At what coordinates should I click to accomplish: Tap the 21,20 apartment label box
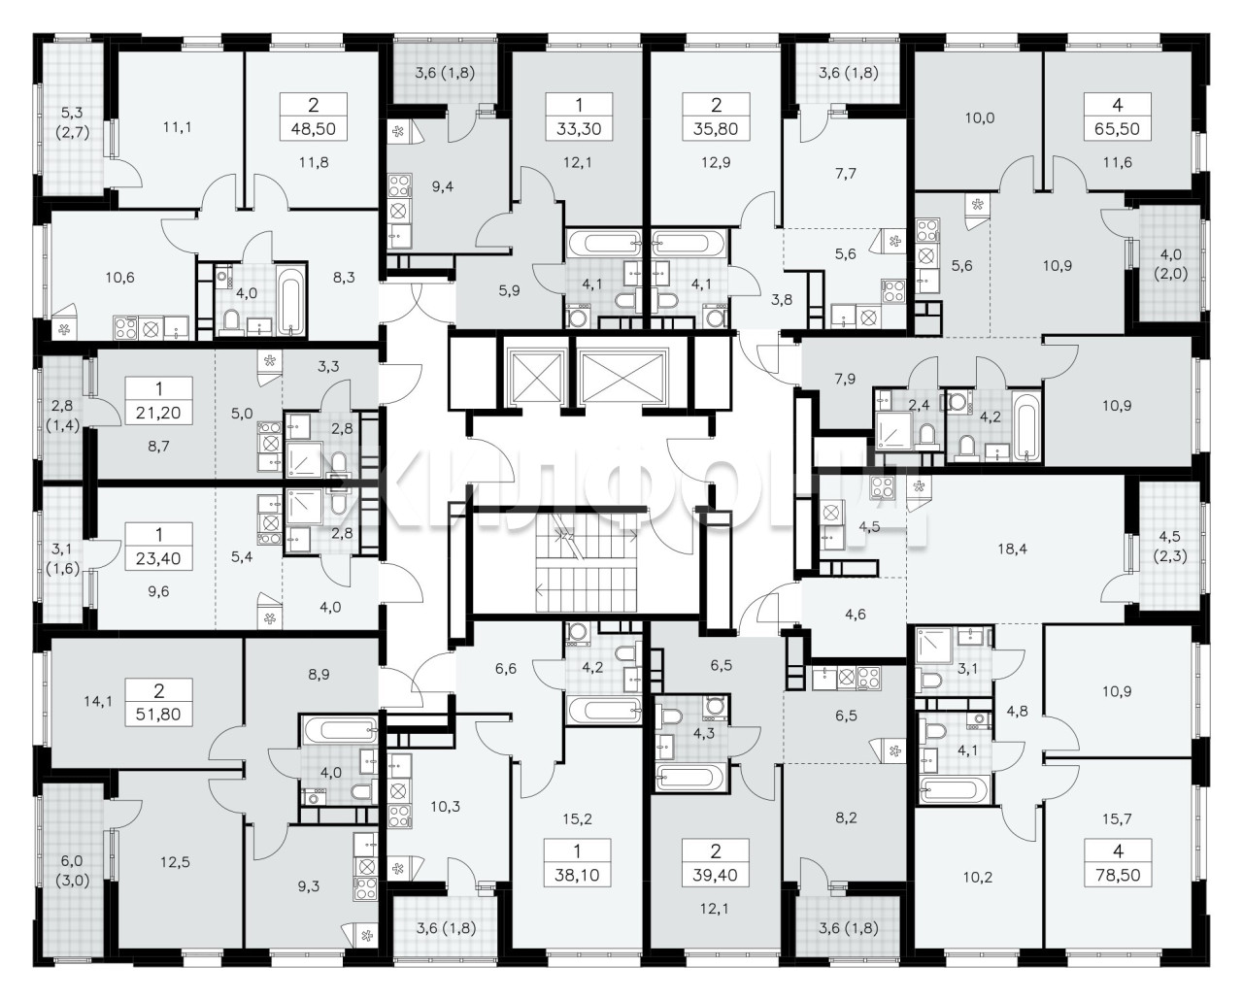(158, 401)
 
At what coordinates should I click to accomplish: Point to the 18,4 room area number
(1013, 549)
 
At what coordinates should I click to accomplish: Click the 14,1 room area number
(98, 702)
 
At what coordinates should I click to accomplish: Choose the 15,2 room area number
(577, 819)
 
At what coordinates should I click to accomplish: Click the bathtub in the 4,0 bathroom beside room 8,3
(290, 299)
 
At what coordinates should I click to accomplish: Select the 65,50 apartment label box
(1117, 117)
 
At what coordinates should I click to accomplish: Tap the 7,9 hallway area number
(845, 379)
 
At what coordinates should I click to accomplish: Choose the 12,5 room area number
(175, 862)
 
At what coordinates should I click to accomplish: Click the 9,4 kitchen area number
(443, 186)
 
